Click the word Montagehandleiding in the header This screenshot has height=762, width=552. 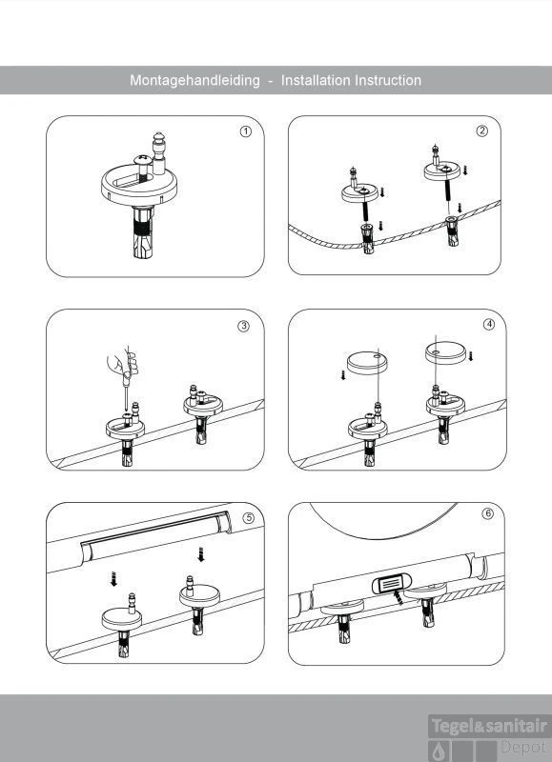click(x=194, y=81)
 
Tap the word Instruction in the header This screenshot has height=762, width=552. click(x=388, y=80)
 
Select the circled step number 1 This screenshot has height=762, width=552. click(x=246, y=131)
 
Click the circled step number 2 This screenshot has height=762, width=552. click(x=482, y=130)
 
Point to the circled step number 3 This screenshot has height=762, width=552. click(x=244, y=326)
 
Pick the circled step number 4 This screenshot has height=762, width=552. click(x=489, y=324)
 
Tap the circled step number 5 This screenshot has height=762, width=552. click(x=248, y=518)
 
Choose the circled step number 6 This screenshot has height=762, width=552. click(x=487, y=513)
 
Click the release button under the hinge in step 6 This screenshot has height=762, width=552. click(x=392, y=583)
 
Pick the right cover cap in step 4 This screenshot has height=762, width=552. click(x=445, y=352)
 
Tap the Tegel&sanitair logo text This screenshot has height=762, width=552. click(x=489, y=727)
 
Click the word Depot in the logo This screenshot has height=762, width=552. click(x=523, y=747)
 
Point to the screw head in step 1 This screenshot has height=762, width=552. click(x=143, y=159)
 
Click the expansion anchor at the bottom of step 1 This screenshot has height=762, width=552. click(x=143, y=232)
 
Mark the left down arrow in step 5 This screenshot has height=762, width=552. click(x=113, y=579)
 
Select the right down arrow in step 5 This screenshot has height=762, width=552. click(x=200, y=554)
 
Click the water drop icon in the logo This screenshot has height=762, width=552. click(x=440, y=752)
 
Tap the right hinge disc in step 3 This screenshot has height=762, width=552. click(x=203, y=405)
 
